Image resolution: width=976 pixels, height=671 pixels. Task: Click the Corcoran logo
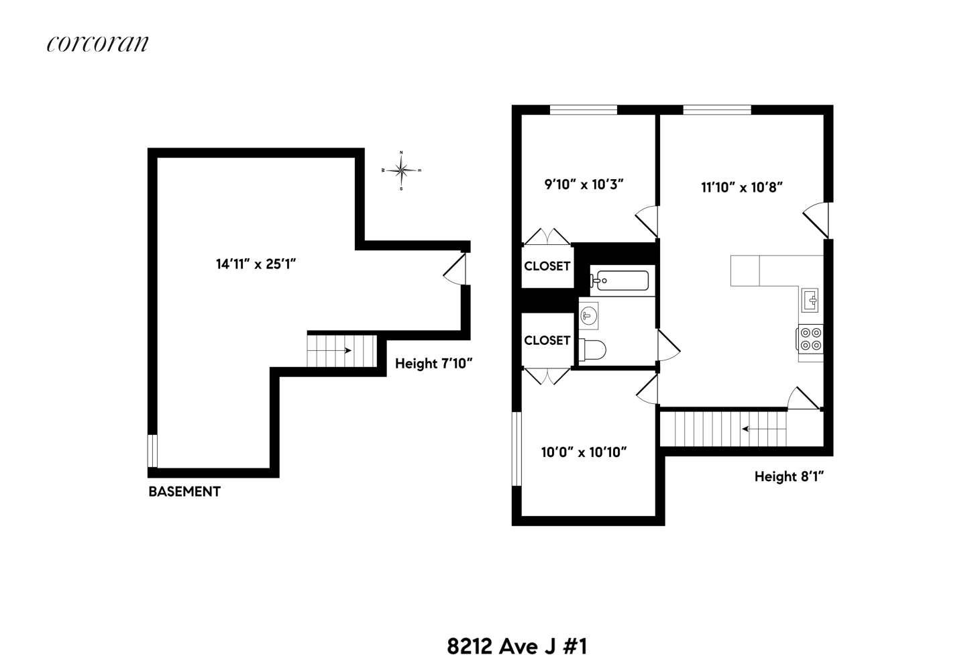98,44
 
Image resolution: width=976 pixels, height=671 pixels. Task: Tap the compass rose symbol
401,170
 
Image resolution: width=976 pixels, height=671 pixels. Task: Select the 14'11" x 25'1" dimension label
256,264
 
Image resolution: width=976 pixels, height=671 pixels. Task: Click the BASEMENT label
184,492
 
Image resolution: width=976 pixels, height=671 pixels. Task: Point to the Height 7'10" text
434,364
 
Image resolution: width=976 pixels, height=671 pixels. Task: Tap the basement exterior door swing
454,269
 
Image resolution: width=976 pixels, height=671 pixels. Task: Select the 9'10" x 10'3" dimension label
584,185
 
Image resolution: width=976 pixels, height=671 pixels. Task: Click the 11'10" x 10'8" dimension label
742,188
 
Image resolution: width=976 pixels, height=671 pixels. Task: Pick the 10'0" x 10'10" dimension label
584,452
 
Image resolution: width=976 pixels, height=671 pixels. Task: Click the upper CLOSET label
547,266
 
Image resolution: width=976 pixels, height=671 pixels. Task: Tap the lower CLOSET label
547,340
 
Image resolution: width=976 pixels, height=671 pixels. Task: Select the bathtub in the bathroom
620,280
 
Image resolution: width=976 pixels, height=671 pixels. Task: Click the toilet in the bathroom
593,349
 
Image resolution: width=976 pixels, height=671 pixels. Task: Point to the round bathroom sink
589,315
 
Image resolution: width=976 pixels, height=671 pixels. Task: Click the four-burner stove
810,338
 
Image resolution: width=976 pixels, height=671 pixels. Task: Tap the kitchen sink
810,299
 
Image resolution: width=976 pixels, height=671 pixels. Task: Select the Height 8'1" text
789,476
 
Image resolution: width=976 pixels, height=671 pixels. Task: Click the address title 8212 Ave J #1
517,646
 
